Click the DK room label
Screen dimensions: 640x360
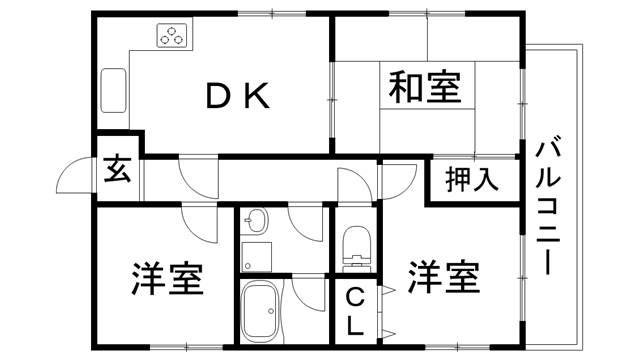click(x=237, y=95)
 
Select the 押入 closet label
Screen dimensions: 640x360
click(x=471, y=181)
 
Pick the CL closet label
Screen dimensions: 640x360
click(x=356, y=310)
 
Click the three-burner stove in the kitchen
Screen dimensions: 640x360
click(x=172, y=37)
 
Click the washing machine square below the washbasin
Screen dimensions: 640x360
click(x=257, y=254)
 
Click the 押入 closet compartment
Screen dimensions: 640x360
click(x=472, y=181)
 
